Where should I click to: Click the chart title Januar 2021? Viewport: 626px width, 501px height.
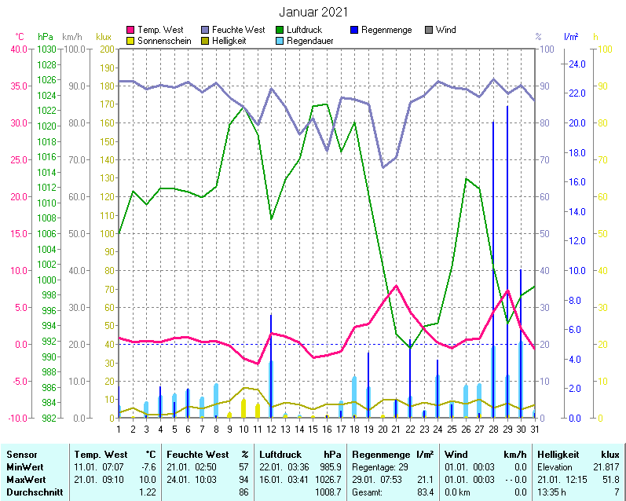pos(313,12)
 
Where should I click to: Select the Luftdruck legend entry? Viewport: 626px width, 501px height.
pos(304,30)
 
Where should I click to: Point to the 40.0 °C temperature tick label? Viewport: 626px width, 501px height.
pos(18,49)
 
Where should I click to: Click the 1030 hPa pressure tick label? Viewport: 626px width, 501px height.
pos(46,49)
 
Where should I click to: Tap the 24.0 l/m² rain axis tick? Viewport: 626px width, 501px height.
pos(577,64)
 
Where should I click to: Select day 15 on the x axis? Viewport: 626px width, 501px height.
pos(313,429)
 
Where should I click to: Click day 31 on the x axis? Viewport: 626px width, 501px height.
pos(534,429)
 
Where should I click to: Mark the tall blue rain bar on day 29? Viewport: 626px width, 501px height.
pos(507,236)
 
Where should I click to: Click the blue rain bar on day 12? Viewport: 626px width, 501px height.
pos(271,361)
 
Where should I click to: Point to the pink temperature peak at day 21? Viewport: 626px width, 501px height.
pos(397,286)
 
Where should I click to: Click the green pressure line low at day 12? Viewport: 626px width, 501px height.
pos(271,219)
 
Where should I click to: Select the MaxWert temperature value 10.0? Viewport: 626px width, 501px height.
pos(148,479)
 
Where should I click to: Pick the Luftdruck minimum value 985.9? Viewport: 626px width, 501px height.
pos(328,466)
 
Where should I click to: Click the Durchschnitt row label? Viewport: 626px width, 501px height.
pos(32,492)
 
